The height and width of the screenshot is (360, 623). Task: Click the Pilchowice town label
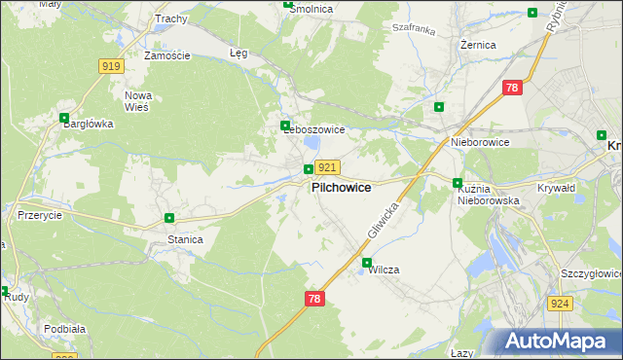tap(341, 187)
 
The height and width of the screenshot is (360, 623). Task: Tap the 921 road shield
tap(327, 168)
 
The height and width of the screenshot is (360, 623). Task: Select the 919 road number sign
tap(111, 65)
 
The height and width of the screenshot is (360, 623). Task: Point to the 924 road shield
tap(559, 304)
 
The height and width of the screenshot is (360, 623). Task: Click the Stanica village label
tap(185, 238)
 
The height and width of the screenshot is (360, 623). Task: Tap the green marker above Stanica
tap(169, 219)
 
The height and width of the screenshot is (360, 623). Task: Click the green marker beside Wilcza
tap(367, 263)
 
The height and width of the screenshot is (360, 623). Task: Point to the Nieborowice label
tap(480, 142)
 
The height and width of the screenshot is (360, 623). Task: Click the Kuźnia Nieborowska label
tap(489, 194)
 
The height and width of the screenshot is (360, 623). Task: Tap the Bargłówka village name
tap(89, 124)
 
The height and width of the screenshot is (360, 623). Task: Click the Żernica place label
tap(480, 45)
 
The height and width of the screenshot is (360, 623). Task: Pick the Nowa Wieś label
tap(137, 102)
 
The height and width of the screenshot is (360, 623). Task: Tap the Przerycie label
tap(41, 216)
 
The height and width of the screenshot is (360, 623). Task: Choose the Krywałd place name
tap(558, 187)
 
